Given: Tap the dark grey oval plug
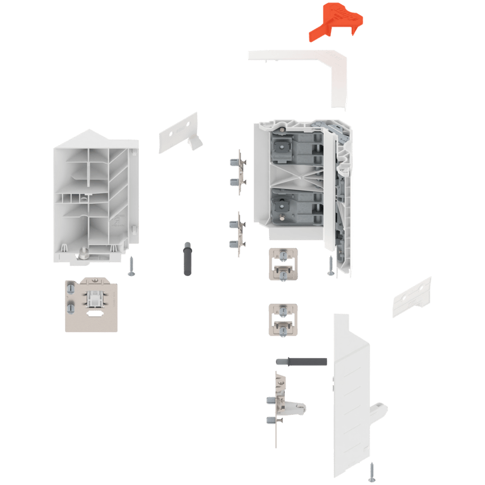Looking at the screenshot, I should click(186, 258).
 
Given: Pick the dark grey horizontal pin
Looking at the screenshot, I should click(302, 362).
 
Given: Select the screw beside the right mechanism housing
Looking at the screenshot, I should click(330, 265).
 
